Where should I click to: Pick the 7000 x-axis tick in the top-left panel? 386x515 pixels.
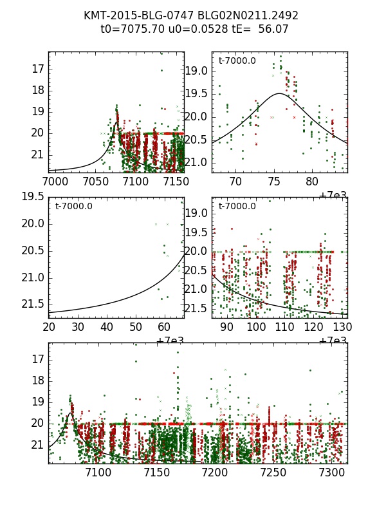pos(55,182)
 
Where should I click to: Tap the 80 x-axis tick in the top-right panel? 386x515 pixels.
pos(312,182)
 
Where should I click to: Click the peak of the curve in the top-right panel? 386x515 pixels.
pos(279,93)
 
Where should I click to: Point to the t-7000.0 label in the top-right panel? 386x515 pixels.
pos(237,61)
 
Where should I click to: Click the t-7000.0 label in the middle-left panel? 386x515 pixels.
pos(74,207)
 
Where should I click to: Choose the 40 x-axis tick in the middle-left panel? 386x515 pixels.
pos(107,327)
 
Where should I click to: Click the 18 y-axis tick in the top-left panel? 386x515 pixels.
pos(37,89)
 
